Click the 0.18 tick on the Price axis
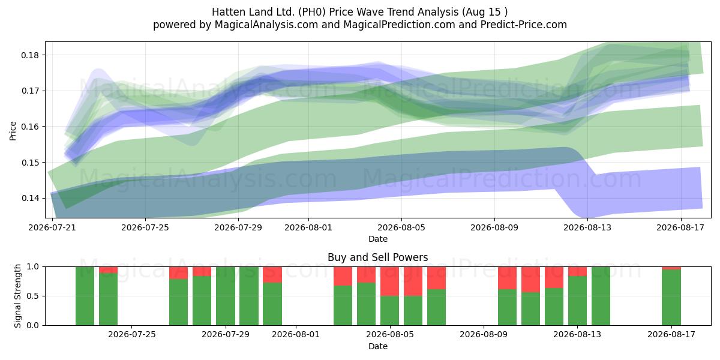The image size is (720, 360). pyautogui.click(x=30, y=55)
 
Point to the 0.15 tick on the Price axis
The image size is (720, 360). pyautogui.click(x=30, y=163)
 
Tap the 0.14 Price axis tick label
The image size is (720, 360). pyautogui.click(x=30, y=199)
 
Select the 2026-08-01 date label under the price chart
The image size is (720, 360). pyautogui.click(x=308, y=227)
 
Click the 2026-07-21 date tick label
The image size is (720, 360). pyautogui.click(x=52, y=227)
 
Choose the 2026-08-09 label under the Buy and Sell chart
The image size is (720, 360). pyautogui.click(x=484, y=335)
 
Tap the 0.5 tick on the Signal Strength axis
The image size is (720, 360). pyautogui.click(x=33, y=296)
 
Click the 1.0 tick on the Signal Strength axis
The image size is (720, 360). pyautogui.click(x=33, y=267)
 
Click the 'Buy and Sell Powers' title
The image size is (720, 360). pyautogui.click(x=377, y=257)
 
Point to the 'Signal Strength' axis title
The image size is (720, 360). pyautogui.click(x=17, y=296)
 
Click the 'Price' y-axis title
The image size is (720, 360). pyautogui.click(x=13, y=131)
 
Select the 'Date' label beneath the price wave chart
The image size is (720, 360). pyautogui.click(x=377, y=239)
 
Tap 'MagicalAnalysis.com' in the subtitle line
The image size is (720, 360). pyautogui.click(x=266, y=25)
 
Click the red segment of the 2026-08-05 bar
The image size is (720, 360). pyautogui.click(x=389, y=281)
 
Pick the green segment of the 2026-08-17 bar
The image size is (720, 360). pyautogui.click(x=671, y=298)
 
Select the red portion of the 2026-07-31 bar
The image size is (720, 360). pyautogui.click(x=272, y=275)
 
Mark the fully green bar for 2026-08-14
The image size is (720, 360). pyautogui.click(x=601, y=296)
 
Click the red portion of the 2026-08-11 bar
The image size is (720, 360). pyautogui.click(x=530, y=280)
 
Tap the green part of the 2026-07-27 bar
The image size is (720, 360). pyautogui.click(x=178, y=302)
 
